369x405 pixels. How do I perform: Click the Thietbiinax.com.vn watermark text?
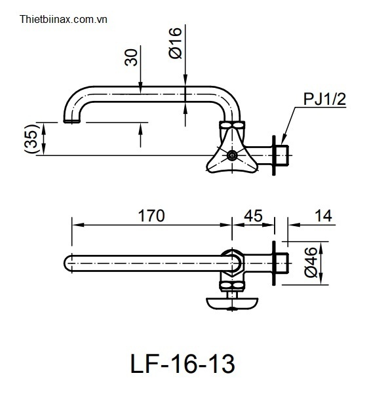pos(64,20)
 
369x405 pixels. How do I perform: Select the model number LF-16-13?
pos(183,364)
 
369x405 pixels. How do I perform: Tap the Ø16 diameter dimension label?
pos(176,43)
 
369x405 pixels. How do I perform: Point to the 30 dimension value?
pos(131,57)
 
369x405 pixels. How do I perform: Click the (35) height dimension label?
pos(31,139)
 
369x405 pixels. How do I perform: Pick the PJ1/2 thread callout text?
pos(324,99)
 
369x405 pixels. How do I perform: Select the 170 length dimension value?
pos(151,216)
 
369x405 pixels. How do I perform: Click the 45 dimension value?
pos(253,216)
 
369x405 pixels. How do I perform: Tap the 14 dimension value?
pos(323,216)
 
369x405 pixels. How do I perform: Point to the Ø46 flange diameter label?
pos(311,263)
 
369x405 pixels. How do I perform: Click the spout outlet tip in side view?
pos(71,121)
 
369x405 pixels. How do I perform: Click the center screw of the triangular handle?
pos(232,155)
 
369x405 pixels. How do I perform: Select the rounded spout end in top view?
pos(68,263)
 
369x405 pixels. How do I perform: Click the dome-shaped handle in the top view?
pos(232,303)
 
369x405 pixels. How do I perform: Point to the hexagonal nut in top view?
pos(232,263)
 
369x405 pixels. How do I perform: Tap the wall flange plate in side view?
pos(274,155)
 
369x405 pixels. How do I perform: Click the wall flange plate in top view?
pos(274,263)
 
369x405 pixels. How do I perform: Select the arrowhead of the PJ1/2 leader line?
pos(283,140)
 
